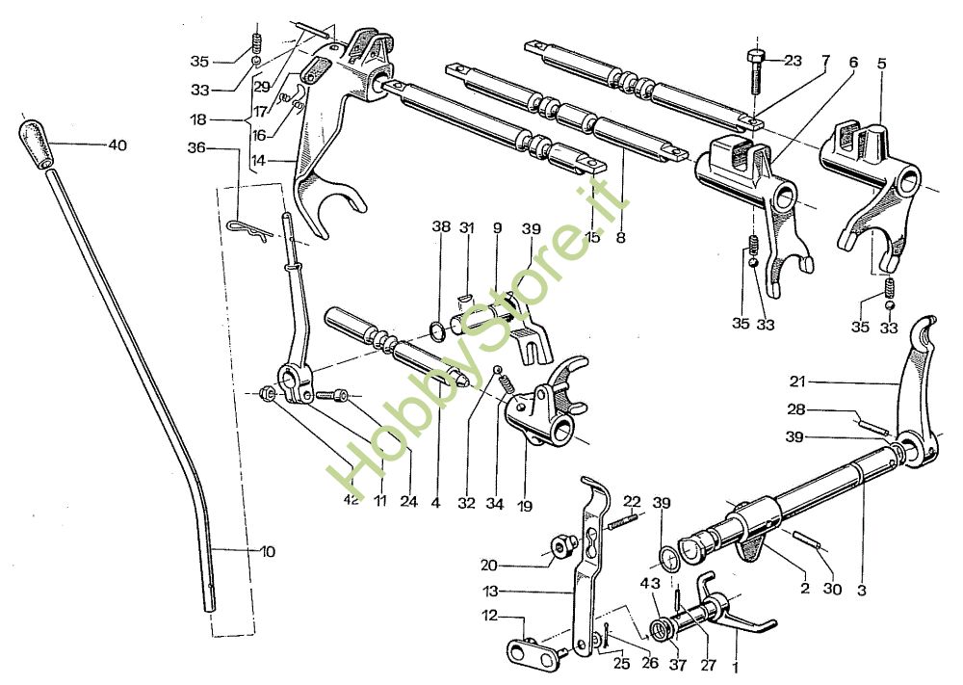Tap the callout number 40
[x=117, y=145]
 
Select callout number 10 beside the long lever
[x=267, y=552]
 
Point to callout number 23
[x=793, y=61]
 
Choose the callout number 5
[x=881, y=64]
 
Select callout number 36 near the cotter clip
[x=196, y=148]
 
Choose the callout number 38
[x=441, y=227]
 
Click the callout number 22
[x=632, y=501]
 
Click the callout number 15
[x=592, y=236]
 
